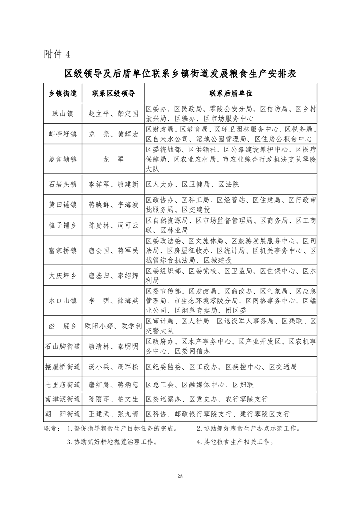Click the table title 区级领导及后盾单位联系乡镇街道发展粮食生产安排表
(180, 74)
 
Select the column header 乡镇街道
(63, 93)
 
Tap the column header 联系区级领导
(113, 93)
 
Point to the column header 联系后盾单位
(231, 93)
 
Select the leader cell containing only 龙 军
(113, 159)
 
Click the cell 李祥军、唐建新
(113, 185)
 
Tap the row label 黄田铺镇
(63, 205)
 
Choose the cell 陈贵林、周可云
(113, 225)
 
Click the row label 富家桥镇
(63, 250)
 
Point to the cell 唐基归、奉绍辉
(113, 275)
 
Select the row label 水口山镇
(63, 300)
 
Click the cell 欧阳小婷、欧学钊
(113, 326)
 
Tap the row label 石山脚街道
(63, 346)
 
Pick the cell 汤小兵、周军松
(113, 367)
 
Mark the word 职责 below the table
(51, 428)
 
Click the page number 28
(180, 476)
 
